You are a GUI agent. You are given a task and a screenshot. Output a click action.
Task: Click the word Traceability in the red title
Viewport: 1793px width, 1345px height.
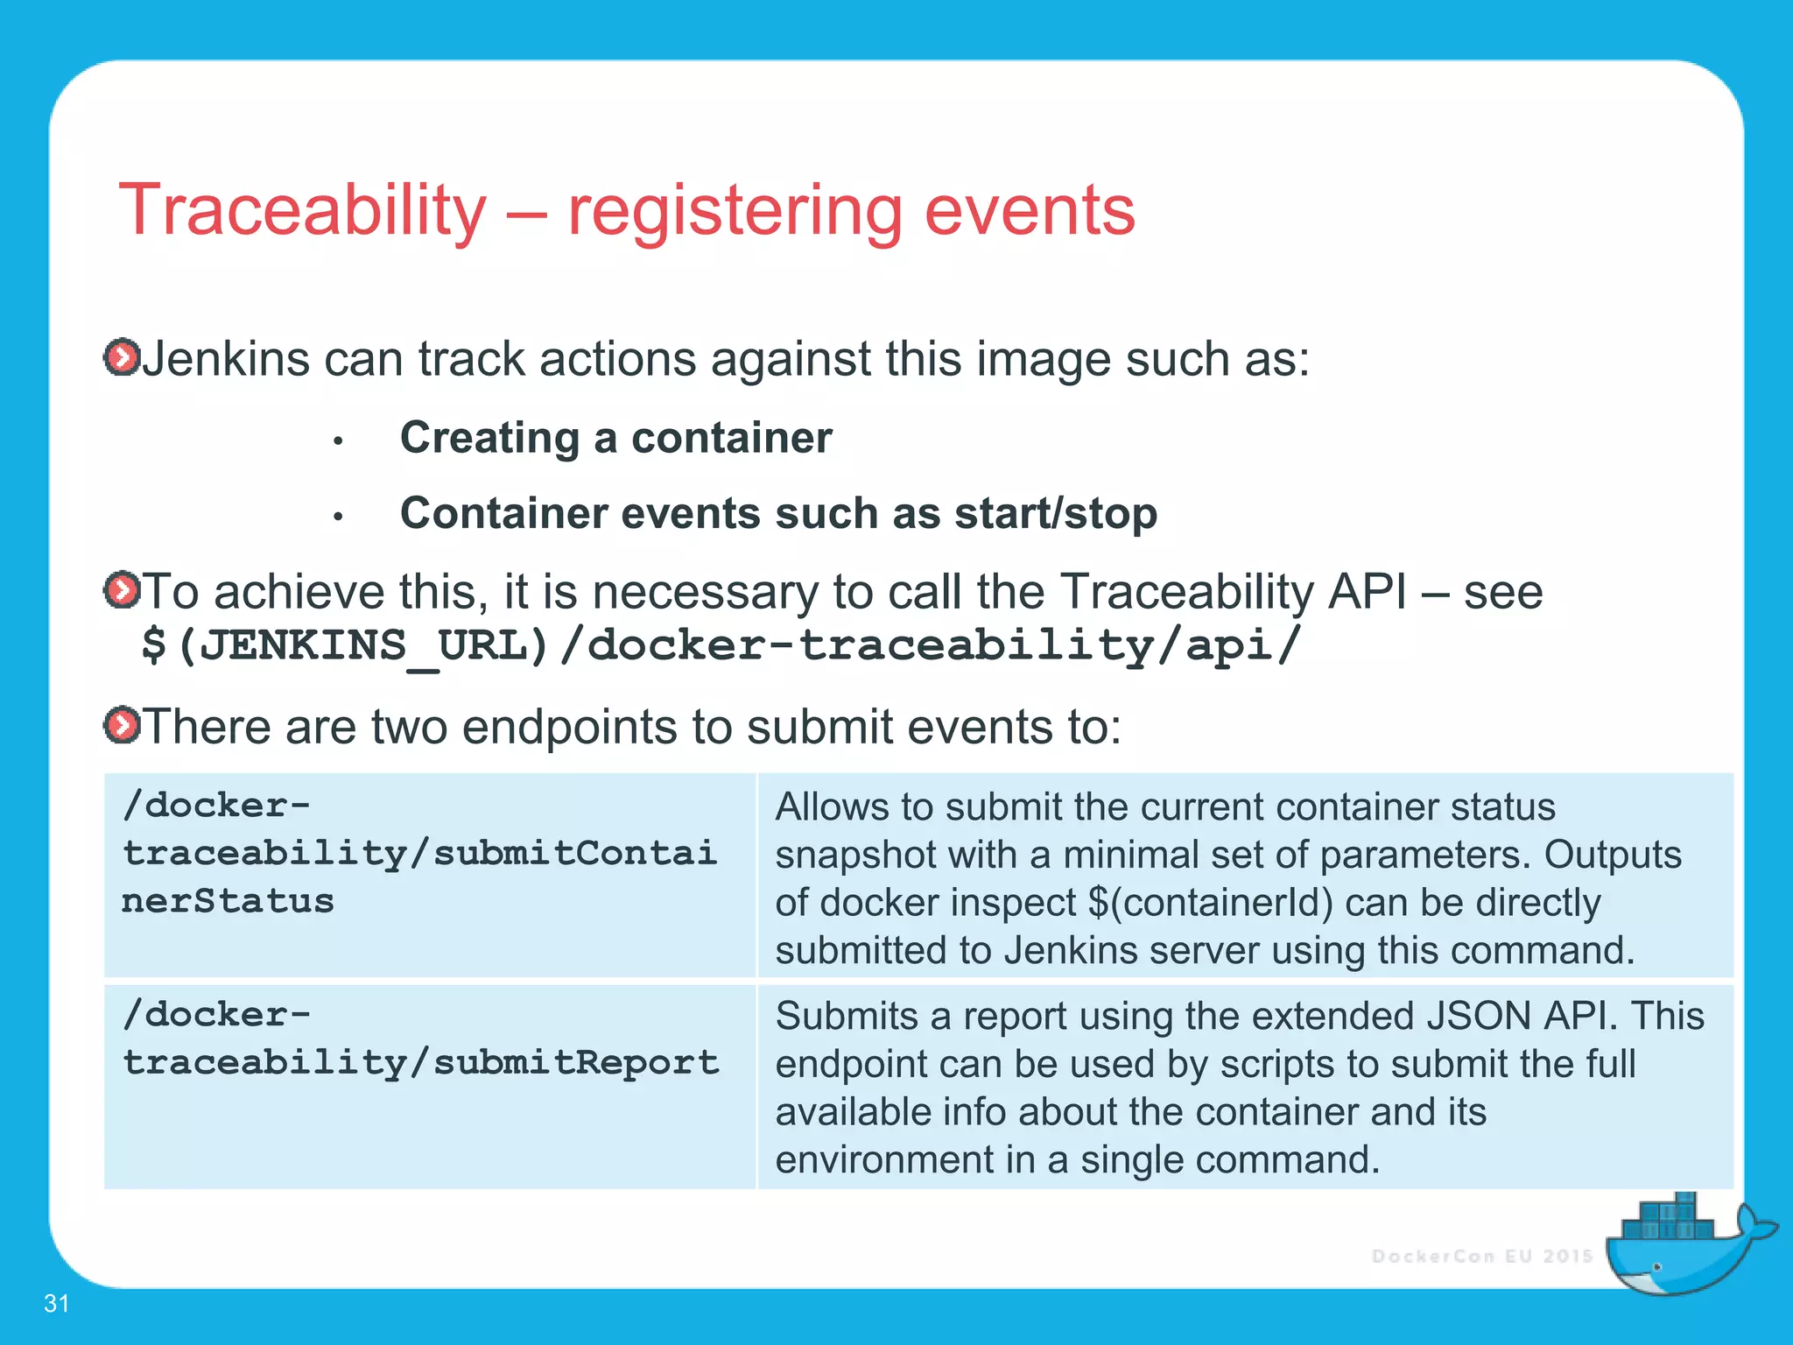(302, 210)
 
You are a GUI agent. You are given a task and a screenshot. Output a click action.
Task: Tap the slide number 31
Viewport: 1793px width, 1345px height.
(56, 1303)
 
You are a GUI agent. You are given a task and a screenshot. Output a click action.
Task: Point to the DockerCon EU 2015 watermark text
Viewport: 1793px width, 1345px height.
(1481, 1257)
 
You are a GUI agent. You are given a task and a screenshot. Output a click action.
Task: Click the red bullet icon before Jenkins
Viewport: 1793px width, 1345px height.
(121, 357)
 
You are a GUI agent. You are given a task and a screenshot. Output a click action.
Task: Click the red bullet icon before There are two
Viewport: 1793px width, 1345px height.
(121, 725)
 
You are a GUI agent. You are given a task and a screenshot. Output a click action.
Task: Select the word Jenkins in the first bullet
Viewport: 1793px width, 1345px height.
(225, 359)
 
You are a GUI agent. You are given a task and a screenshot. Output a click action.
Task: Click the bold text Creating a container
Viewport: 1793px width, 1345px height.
(615, 437)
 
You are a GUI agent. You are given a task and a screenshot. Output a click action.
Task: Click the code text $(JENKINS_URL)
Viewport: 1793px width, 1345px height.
(344, 646)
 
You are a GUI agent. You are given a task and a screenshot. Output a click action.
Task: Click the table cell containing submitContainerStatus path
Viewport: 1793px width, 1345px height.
(429, 874)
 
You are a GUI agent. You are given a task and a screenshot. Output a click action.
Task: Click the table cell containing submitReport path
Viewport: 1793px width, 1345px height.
(429, 1086)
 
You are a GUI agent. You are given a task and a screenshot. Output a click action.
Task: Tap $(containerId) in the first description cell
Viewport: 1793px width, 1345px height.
(1210, 903)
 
